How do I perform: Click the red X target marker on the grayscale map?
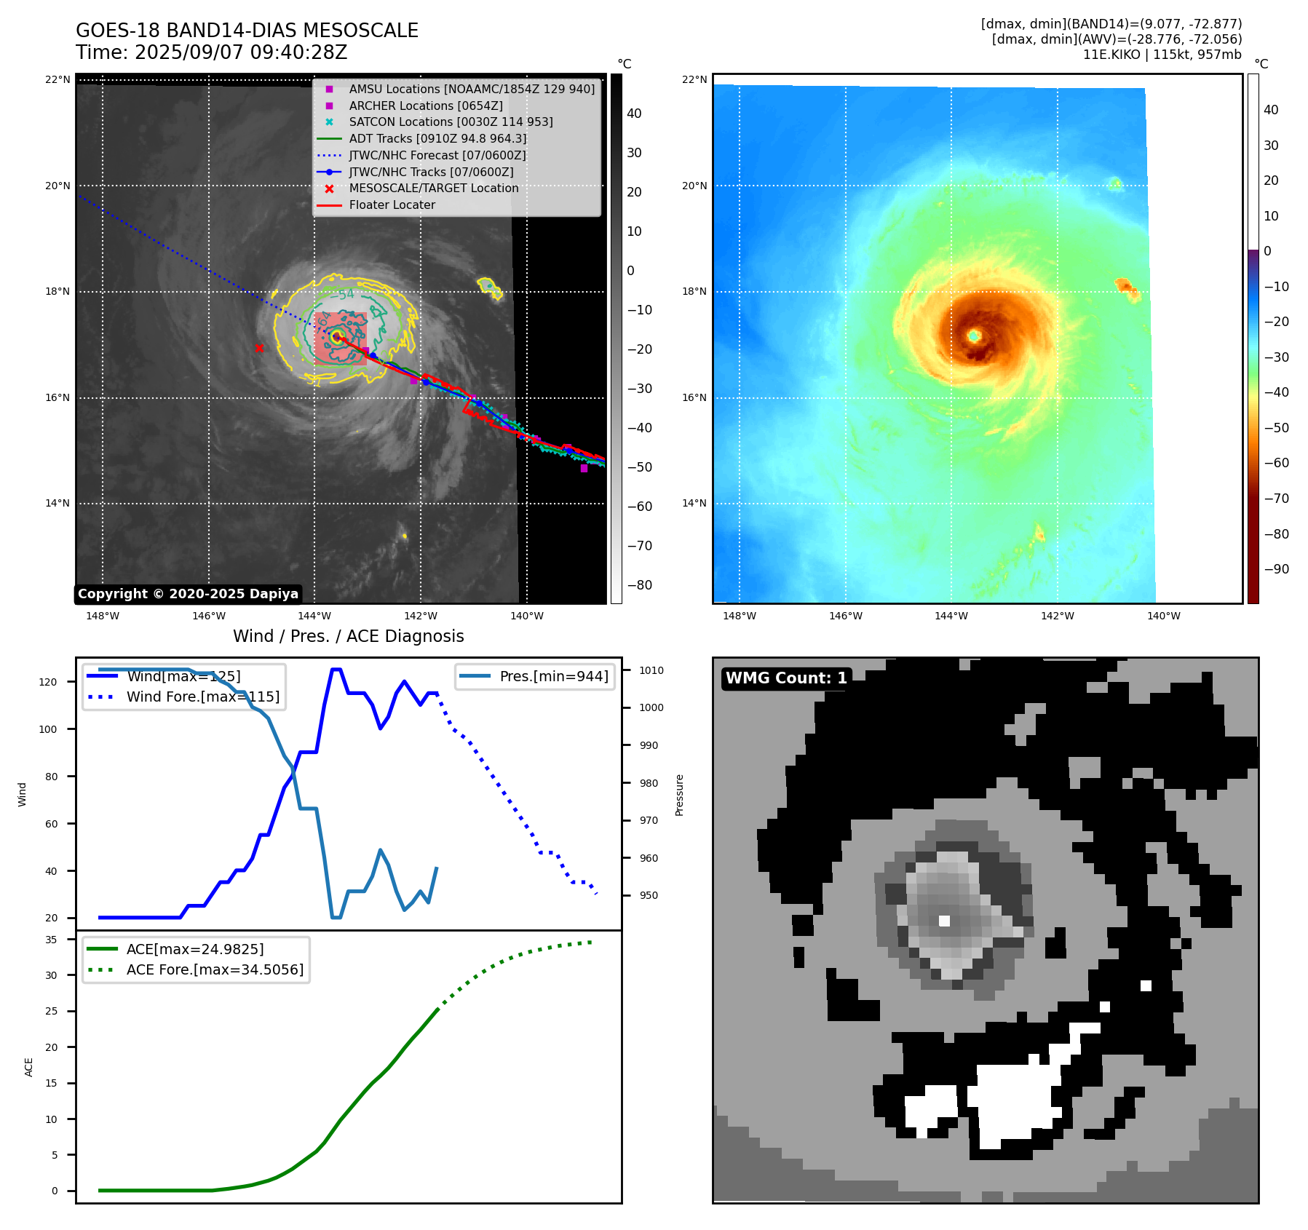coord(259,348)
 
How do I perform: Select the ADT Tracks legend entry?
coord(437,138)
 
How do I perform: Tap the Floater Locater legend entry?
coord(392,205)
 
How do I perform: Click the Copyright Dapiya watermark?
coord(188,594)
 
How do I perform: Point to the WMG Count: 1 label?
coord(786,678)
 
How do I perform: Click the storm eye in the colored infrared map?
coord(974,336)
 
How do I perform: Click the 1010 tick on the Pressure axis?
coord(651,670)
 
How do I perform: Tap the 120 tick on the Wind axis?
coord(48,682)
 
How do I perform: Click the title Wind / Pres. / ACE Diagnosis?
coord(348,636)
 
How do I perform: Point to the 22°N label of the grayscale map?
coord(58,79)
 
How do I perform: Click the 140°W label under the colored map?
coord(1163,616)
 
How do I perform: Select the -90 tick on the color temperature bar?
coord(1276,569)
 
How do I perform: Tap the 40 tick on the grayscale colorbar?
coord(634,114)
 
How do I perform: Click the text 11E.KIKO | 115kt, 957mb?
coord(1162,55)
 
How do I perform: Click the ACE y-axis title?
coord(28,1067)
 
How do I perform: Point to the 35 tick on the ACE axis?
coord(51,940)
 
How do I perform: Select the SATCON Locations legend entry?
coord(451,122)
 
